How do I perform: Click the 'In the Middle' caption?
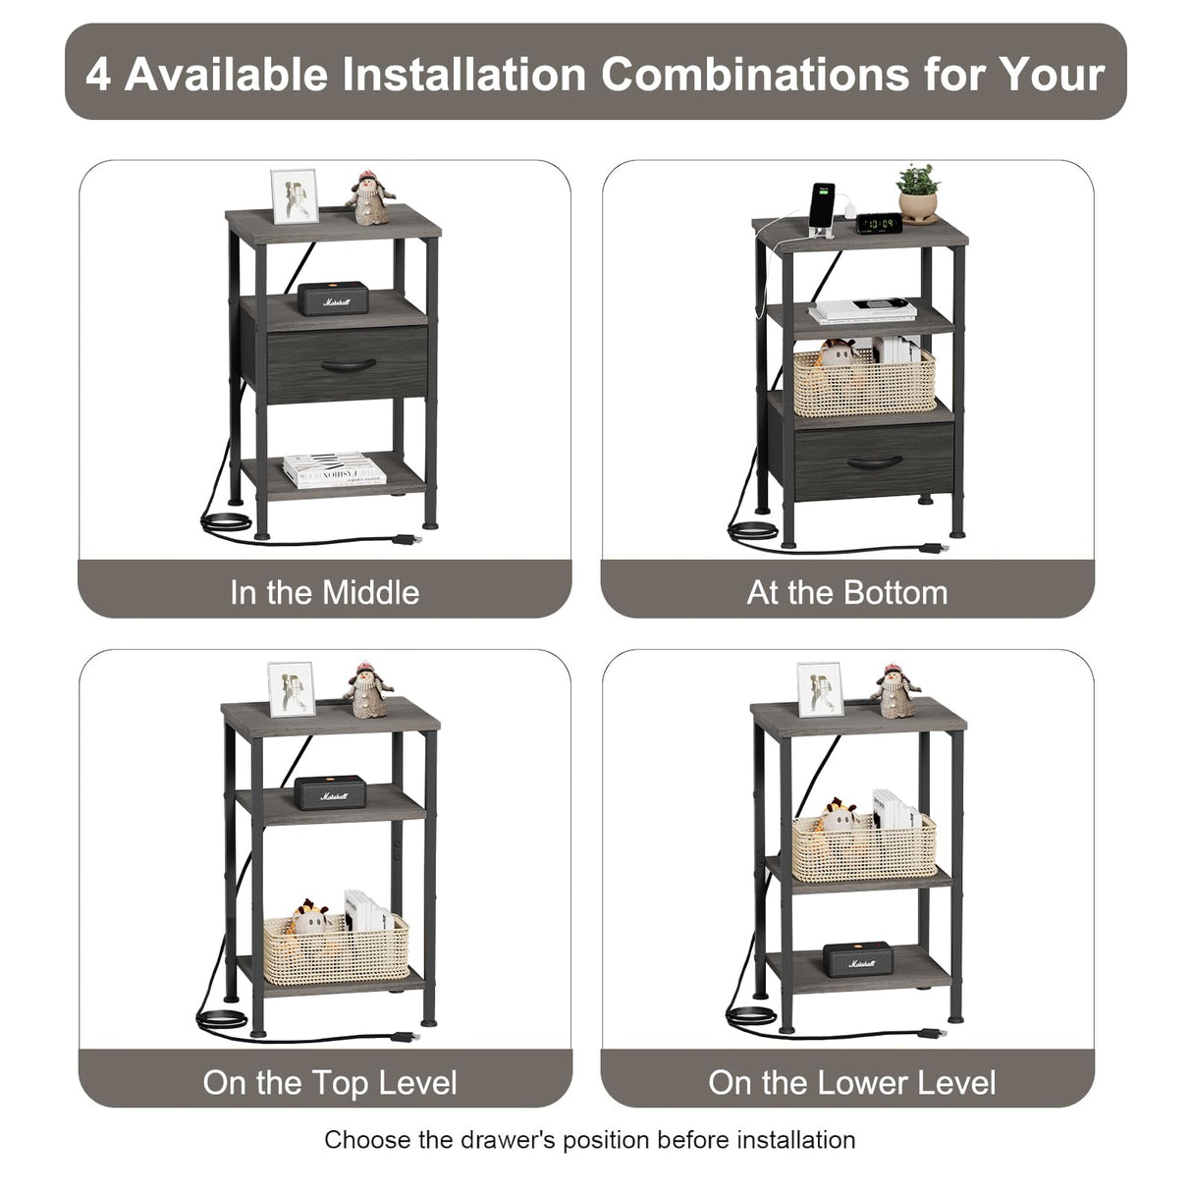point(324,592)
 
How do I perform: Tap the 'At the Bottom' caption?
point(846,592)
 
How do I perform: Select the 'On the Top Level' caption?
point(330,1082)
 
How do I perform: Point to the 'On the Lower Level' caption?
point(851,1082)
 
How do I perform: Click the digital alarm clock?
point(879,223)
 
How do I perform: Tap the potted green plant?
point(918,193)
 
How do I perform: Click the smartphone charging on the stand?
point(823,208)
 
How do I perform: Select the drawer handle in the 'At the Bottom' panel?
point(874,461)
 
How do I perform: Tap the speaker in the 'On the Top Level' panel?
point(330,792)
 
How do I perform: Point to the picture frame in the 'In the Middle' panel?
point(294,196)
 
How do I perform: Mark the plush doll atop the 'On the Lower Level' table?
point(893,691)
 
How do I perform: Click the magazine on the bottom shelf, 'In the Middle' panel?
point(334,470)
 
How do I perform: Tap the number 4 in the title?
point(98,74)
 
